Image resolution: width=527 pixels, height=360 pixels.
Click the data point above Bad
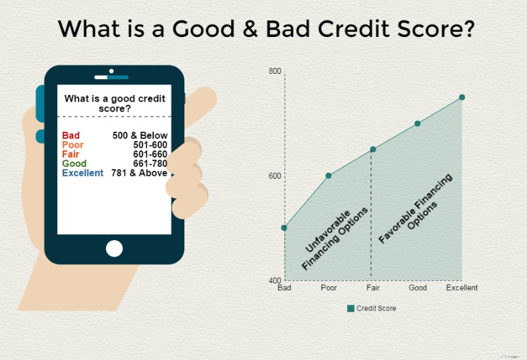284,227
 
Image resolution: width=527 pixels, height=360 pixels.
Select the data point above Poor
328,175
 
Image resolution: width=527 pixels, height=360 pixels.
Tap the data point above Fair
373,149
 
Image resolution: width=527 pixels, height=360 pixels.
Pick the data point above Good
418,123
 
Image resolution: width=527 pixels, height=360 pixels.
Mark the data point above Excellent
462,97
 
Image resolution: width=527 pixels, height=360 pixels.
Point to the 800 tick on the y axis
275,71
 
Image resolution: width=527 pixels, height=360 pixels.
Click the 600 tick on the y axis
275,176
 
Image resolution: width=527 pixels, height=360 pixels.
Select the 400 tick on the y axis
275,281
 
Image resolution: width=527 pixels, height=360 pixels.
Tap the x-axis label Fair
373,288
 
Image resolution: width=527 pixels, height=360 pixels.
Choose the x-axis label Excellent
462,288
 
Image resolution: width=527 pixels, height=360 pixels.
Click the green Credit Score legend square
350,308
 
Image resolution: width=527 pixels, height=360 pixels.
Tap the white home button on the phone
114,249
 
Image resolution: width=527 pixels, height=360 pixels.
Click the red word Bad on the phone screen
70,135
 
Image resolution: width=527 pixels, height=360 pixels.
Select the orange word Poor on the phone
72,144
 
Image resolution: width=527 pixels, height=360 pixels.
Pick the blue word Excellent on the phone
82,173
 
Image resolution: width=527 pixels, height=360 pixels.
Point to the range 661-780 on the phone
150,164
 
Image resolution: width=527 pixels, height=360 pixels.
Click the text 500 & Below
140,135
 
